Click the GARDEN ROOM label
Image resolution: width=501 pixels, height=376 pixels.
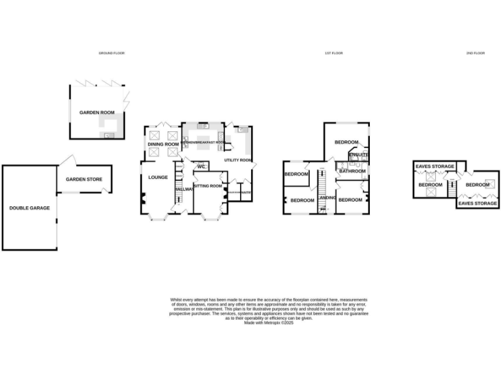(97, 112)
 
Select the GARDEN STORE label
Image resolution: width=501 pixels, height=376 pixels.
(84, 179)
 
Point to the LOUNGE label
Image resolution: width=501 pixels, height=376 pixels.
(158, 177)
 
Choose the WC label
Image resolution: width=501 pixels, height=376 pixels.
(202, 166)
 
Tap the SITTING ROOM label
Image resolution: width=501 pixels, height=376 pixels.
(208, 186)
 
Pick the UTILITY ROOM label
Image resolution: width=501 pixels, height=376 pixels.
(237, 160)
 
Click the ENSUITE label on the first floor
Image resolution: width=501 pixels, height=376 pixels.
(358, 155)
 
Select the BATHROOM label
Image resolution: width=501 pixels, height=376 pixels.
(352, 171)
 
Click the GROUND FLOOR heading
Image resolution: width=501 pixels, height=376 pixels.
(111, 53)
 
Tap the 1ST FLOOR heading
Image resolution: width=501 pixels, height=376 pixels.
(333, 53)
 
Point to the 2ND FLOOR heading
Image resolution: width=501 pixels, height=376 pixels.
(475, 53)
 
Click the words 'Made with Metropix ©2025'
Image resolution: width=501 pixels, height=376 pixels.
(269, 322)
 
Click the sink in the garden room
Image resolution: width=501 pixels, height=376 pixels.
(108, 135)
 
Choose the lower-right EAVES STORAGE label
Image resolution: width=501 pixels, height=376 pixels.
(478, 204)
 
